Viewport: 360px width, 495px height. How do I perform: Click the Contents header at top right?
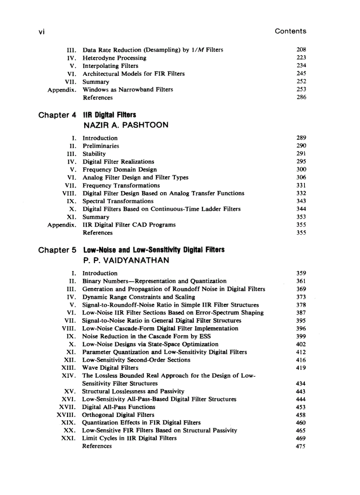(x=290, y=31)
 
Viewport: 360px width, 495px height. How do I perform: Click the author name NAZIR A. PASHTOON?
(x=125, y=125)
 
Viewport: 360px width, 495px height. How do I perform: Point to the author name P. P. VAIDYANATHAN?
(x=126, y=261)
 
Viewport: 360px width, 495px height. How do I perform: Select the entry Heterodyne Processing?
(x=114, y=58)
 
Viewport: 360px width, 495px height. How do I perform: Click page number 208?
(x=301, y=50)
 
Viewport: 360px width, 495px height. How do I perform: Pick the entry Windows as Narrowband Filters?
(x=127, y=89)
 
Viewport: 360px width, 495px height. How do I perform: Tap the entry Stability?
(x=94, y=154)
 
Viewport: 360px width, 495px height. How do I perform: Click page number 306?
(x=301, y=177)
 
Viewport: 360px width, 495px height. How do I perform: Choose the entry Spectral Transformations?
(x=118, y=201)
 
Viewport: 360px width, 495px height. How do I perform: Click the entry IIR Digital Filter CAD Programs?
(x=129, y=225)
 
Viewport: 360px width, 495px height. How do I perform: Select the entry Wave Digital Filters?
(x=110, y=368)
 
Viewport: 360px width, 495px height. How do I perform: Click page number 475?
(x=301, y=446)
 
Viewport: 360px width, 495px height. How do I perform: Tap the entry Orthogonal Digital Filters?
(x=118, y=415)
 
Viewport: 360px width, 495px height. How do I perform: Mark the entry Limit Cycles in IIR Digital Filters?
(x=129, y=438)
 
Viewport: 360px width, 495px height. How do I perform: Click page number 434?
(x=301, y=383)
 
